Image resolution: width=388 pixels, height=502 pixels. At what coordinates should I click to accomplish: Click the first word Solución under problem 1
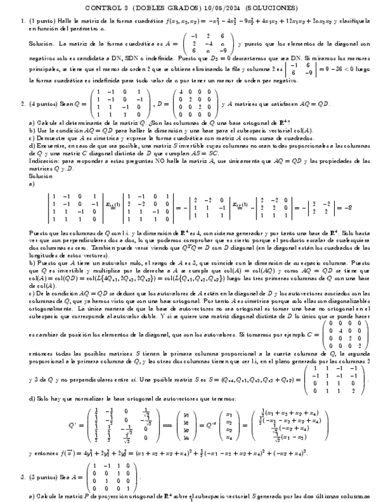pos(43,44)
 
